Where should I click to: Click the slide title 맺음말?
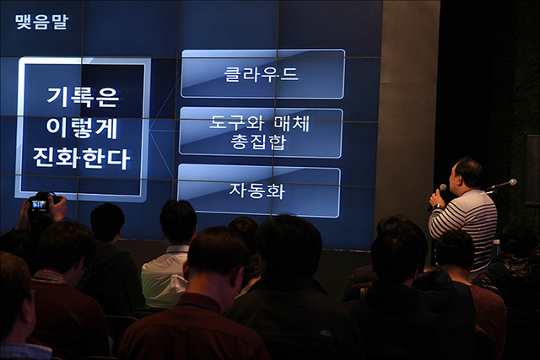(41, 22)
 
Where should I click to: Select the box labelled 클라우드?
(262, 74)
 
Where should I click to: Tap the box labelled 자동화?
(259, 191)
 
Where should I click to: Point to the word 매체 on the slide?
(292, 124)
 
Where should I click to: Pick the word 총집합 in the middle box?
(258, 142)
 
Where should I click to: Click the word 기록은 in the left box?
(83, 98)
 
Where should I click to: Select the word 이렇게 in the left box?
(82, 128)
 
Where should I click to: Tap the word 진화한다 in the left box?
(81, 159)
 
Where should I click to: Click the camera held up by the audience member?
(42, 203)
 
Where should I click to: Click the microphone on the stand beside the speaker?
(502, 185)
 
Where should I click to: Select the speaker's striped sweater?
(466, 223)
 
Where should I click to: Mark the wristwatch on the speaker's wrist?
(437, 207)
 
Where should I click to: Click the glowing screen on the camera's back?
(39, 206)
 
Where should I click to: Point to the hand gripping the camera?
(58, 207)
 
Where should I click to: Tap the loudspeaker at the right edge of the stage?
(532, 169)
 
